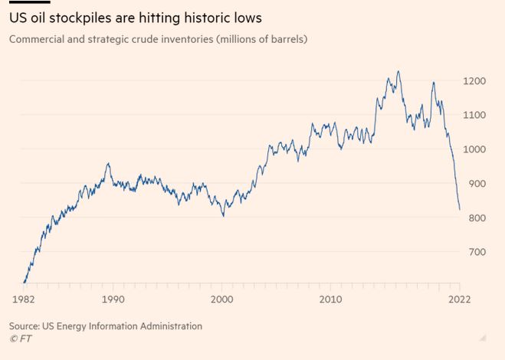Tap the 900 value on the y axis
point(474,184)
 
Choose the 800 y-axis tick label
point(474,218)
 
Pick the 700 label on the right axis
point(474,252)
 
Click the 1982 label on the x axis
point(25,299)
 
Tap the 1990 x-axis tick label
point(113,299)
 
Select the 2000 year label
point(222,299)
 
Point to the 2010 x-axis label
point(331,299)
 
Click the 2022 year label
point(459,299)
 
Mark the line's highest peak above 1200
point(398,71)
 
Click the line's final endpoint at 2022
point(460,209)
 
